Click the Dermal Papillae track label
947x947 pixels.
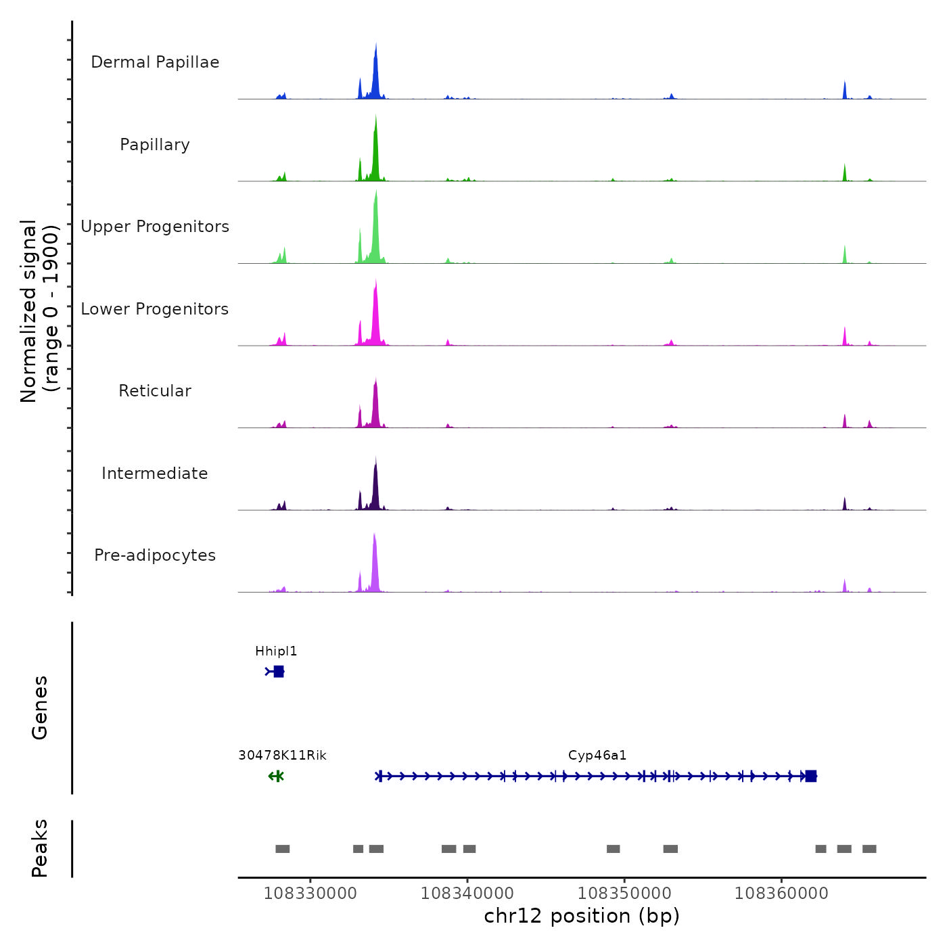click(x=155, y=62)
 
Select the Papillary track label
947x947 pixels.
click(x=155, y=145)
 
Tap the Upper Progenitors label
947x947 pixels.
click(x=155, y=227)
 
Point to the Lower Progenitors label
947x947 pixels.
click(x=155, y=309)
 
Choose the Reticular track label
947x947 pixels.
click(x=155, y=391)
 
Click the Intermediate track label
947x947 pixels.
click(x=155, y=473)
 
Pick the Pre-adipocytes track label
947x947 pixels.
click(x=155, y=555)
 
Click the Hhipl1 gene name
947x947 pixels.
click(x=276, y=651)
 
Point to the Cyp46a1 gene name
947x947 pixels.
click(x=597, y=756)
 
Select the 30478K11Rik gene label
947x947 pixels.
click(x=282, y=756)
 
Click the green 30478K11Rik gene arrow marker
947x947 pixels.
click(x=276, y=776)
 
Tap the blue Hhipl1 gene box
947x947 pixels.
click(x=279, y=672)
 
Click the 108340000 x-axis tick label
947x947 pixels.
click(x=467, y=894)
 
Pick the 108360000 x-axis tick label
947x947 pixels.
click(x=781, y=894)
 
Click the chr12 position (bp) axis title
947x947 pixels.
click(x=582, y=916)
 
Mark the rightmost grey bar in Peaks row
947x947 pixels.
click(x=869, y=849)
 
